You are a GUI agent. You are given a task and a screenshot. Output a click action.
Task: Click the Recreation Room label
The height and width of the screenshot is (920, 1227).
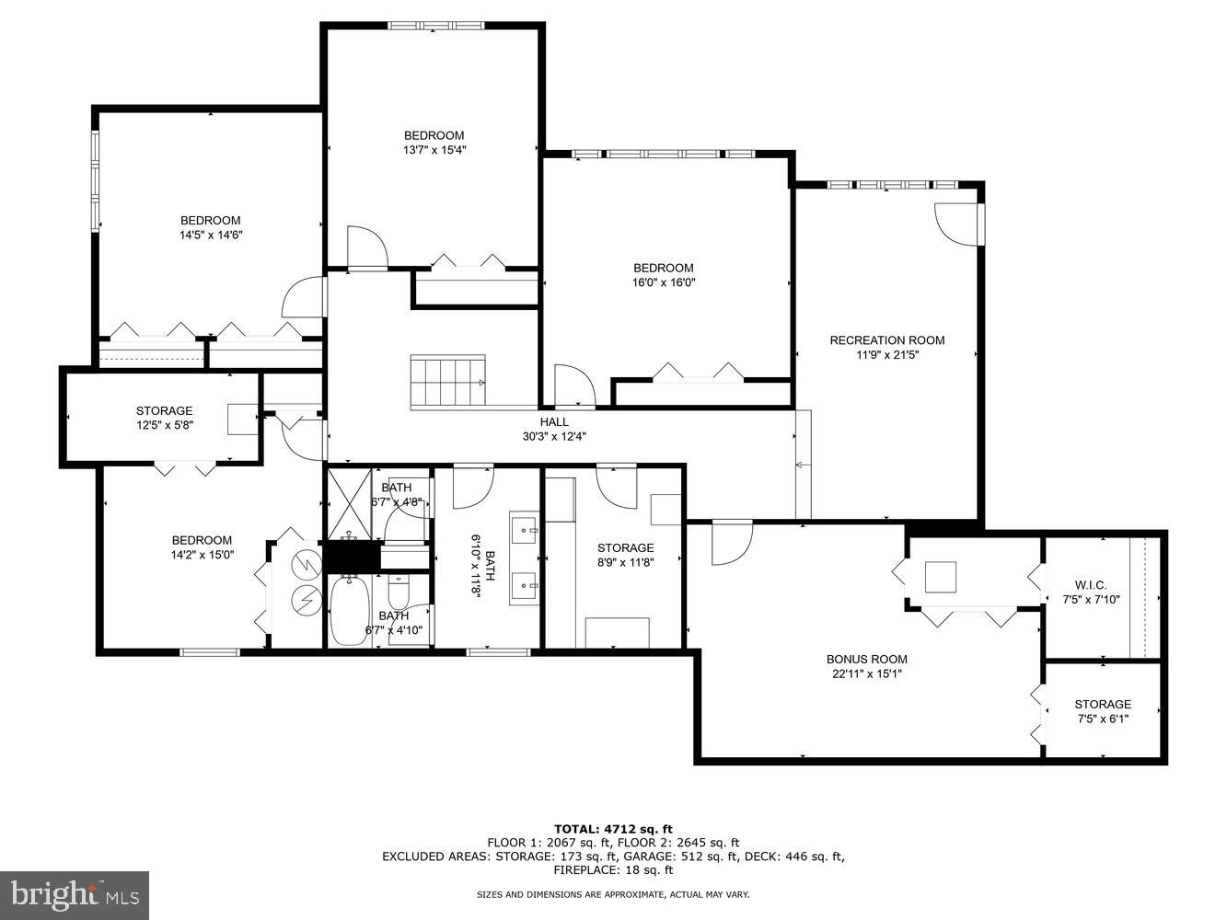tap(886, 347)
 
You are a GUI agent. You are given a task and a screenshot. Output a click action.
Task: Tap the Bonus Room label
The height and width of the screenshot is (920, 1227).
tap(866, 666)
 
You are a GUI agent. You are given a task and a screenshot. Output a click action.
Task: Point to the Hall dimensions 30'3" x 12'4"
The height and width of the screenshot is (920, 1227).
tap(554, 436)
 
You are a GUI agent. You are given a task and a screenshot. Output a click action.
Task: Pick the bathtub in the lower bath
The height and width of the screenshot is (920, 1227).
tap(349, 611)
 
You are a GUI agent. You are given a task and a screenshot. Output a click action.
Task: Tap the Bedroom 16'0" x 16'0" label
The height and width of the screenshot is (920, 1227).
tap(663, 275)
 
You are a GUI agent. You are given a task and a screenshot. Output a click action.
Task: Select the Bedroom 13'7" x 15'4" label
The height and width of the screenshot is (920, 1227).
tap(434, 143)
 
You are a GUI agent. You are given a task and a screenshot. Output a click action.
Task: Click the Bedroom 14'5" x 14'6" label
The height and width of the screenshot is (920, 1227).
tap(210, 227)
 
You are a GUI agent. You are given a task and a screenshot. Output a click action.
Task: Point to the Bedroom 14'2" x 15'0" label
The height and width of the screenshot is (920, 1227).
tap(202, 547)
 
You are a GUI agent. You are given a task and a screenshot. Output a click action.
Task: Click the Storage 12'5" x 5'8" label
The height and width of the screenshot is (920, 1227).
tap(164, 418)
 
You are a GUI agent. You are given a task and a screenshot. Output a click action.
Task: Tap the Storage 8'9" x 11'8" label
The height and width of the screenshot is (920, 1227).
tap(625, 555)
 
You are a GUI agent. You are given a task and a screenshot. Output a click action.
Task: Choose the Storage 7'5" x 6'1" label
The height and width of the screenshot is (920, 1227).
tap(1103, 711)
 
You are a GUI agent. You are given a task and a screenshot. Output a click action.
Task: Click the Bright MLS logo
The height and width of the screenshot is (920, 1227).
tap(75, 894)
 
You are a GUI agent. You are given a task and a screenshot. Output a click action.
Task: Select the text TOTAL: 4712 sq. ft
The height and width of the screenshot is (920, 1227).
tap(613, 829)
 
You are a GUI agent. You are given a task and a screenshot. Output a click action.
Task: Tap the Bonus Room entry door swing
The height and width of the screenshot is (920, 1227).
tap(731, 543)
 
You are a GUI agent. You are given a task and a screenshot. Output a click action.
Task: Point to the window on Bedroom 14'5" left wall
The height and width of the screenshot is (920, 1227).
tap(95, 181)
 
